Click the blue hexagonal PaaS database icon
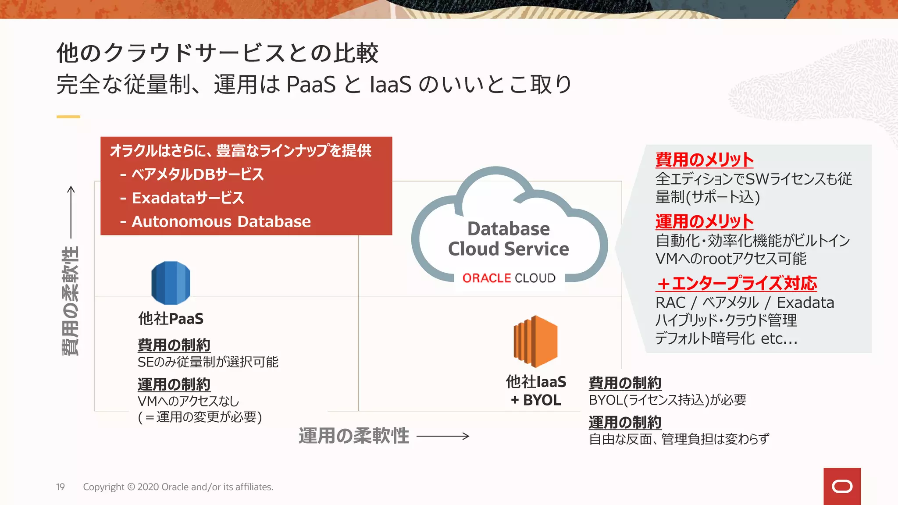(171, 283)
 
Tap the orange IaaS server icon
(535, 341)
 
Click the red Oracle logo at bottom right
(842, 486)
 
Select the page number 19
(61, 487)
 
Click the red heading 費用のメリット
(704, 160)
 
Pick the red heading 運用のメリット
(704, 221)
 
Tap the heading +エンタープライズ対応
(737, 283)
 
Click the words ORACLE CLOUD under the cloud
(509, 278)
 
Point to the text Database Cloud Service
(509, 239)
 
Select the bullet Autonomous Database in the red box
(221, 221)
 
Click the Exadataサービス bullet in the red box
(188, 198)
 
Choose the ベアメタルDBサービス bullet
(197, 174)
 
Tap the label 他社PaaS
(171, 319)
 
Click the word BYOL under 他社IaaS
(542, 400)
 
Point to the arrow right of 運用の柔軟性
(443, 436)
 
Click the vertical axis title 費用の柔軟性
(70, 301)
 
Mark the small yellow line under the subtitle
(68, 117)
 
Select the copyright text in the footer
(178, 487)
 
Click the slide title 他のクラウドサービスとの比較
(217, 53)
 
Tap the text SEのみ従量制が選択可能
(208, 362)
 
